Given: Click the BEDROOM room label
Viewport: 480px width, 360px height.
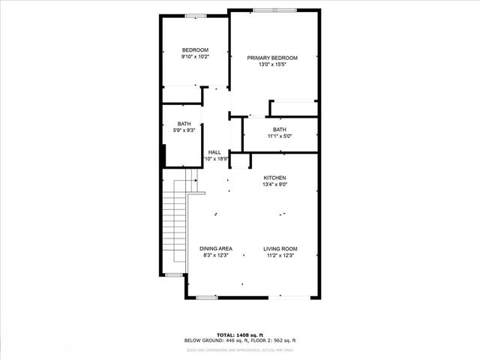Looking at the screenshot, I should [194, 50].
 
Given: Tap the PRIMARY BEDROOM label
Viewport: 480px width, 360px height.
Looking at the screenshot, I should [273, 58].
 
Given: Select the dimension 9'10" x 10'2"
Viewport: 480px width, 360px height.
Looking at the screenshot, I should [194, 56].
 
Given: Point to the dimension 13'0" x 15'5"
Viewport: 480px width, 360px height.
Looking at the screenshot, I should [273, 64].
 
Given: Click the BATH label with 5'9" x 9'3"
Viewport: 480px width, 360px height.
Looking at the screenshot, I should [184, 124].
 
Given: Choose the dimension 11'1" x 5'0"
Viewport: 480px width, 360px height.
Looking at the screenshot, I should [279, 136].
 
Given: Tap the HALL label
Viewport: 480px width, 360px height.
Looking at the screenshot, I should [214, 152].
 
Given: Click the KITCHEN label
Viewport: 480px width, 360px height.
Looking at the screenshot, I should [274, 178].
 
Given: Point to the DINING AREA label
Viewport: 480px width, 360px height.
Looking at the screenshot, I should [215, 248].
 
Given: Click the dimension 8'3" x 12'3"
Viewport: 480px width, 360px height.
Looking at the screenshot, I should [215, 255].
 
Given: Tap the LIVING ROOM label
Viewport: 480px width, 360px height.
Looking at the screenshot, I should [280, 248].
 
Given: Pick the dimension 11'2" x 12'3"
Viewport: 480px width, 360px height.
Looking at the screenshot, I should [280, 255].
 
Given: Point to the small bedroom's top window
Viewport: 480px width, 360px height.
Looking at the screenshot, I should [196, 16].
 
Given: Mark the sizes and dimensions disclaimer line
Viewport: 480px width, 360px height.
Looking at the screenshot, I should [240, 349].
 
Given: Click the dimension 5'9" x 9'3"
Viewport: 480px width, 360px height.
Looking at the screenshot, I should [184, 130].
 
